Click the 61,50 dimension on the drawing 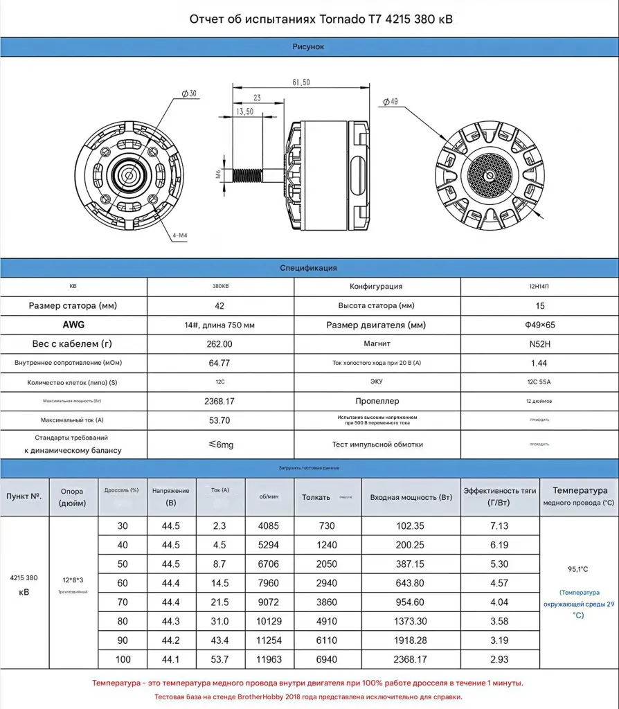(x=301, y=82)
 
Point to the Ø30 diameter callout (x=188, y=93)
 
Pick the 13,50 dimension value (x=244, y=111)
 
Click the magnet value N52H (x=540, y=343)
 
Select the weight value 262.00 (x=221, y=343)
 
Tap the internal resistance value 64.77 (x=221, y=362)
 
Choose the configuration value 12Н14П (x=540, y=287)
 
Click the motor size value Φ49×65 (x=540, y=325)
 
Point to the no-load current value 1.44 (x=540, y=362)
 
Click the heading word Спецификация (x=309, y=268)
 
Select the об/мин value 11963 (x=269, y=660)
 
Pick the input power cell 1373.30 (x=411, y=622)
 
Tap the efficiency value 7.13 (x=499, y=526)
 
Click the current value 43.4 (x=220, y=640)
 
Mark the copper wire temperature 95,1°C (x=578, y=569)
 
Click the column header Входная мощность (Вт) (x=411, y=497)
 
